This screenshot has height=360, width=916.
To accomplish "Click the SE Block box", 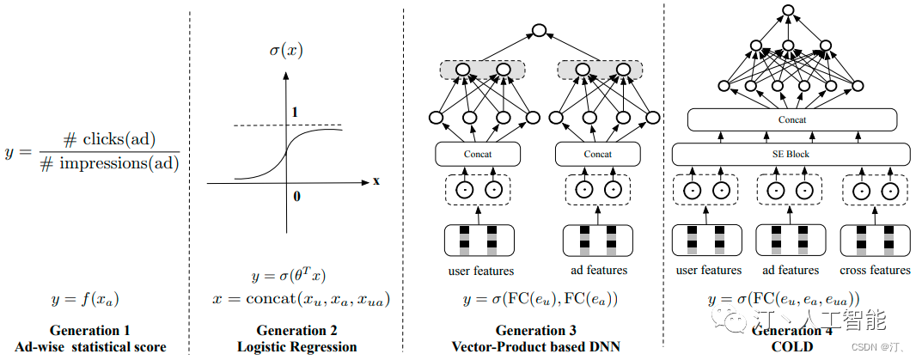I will click(x=791, y=154).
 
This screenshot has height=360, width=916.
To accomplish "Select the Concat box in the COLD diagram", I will click(x=791, y=119).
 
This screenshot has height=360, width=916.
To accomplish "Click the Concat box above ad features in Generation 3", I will click(x=598, y=154).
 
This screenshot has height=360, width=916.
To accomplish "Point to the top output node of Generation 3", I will click(x=540, y=31).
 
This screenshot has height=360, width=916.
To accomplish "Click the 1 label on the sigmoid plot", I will click(x=295, y=113).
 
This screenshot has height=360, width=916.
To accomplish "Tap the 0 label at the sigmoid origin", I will click(x=297, y=197).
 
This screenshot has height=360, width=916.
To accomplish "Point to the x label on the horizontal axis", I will click(x=376, y=181).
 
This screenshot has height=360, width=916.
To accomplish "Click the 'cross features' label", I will click(x=876, y=270).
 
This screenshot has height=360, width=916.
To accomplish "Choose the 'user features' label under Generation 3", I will click(x=481, y=271).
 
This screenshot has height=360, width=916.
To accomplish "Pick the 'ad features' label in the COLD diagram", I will click(x=791, y=270).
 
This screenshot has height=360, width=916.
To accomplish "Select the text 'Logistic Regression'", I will click(x=296, y=347).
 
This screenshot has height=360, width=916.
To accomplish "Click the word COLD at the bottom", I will click(x=791, y=347).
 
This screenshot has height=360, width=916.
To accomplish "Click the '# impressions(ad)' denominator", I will click(x=110, y=164).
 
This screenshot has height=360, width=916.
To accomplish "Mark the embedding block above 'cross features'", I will click(x=876, y=239).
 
